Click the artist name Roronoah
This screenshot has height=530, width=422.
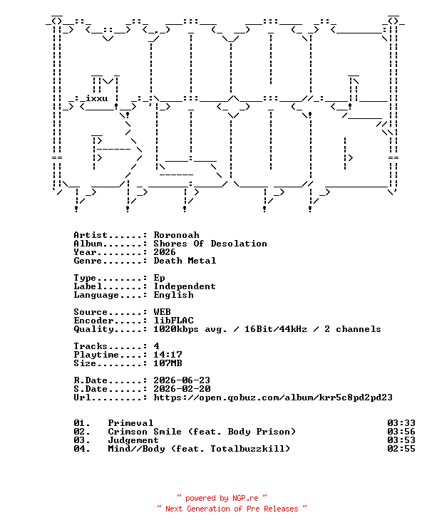click(176, 235)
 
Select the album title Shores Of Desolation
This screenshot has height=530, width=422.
click(210, 244)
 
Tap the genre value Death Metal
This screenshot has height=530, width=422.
click(185, 261)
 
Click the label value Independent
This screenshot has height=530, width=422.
click(185, 286)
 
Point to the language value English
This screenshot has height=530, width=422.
click(173, 295)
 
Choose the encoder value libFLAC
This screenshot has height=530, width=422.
click(173, 321)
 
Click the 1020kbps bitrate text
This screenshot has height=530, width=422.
click(176, 329)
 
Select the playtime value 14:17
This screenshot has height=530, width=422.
click(168, 355)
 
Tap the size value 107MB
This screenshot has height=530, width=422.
click(168, 363)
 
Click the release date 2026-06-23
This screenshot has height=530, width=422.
click(182, 380)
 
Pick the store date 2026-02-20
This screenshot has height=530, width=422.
click(182, 389)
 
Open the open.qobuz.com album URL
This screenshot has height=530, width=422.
click(273, 397)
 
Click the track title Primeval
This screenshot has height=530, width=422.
click(130, 423)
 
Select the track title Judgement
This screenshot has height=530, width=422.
click(133, 440)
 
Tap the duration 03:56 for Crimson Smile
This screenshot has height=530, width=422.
click(401, 432)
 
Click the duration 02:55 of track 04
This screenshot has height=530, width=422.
click(401, 449)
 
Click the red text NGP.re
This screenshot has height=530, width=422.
click(245, 498)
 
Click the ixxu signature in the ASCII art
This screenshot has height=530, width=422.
click(97, 99)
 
